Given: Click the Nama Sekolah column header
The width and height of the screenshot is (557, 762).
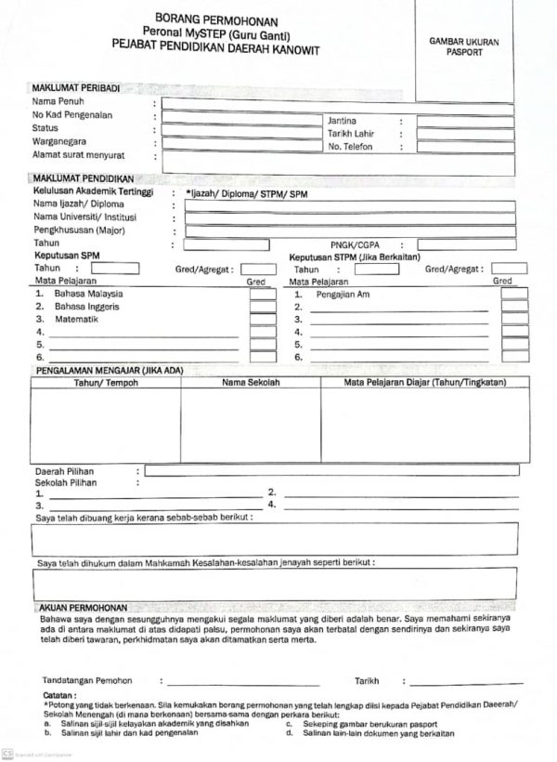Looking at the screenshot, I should (251, 383).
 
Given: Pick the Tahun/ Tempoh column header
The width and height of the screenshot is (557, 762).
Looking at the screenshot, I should (105, 383).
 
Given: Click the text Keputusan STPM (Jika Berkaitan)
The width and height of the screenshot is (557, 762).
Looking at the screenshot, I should (356, 256).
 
